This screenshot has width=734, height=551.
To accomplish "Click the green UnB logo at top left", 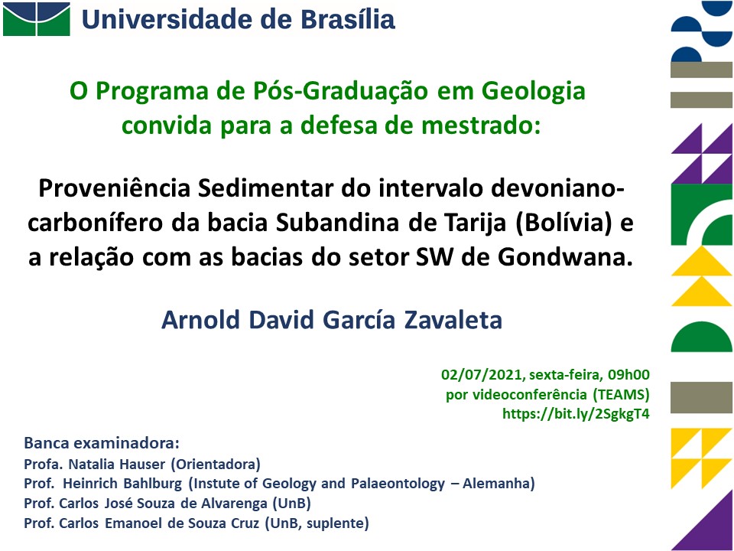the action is pyautogui.click(x=37, y=19).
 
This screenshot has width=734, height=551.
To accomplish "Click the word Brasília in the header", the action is pyautogui.click(x=347, y=20).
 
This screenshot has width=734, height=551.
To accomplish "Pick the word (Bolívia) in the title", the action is pyautogui.click(x=563, y=223).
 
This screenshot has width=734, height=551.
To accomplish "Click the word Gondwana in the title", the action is pyautogui.click(x=565, y=257).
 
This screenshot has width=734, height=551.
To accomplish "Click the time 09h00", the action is pyautogui.click(x=628, y=374).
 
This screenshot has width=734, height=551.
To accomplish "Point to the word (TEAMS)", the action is pyautogui.click(x=621, y=395).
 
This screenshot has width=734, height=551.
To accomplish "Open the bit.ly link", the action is pyautogui.click(x=576, y=414).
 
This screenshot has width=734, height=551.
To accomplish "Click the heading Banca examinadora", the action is pyautogui.click(x=102, y=443).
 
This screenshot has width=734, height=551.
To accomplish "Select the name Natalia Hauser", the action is pyautogui.click(x=117, y=465).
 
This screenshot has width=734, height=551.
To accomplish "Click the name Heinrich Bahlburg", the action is pyautogui.click(x=122, y=484).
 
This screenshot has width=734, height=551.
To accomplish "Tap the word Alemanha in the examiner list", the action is pyautogui.click(x=499, y=484).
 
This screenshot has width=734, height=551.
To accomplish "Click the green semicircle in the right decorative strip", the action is pyautogui.click(x=701, y=337).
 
